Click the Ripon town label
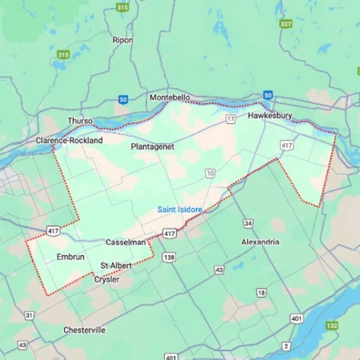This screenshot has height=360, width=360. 123,40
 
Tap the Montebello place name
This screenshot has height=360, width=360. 170,97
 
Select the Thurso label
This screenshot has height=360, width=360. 80,121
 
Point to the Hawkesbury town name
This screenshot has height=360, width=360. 270,116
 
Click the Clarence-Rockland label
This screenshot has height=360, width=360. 69,141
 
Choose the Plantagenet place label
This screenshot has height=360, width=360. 152,147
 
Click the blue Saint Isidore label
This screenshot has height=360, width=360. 180,210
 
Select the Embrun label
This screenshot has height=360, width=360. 70,257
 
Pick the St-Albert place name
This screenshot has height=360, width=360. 116,265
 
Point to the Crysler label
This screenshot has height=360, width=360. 107,279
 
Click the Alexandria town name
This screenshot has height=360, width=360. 260,242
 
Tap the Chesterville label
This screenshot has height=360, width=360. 84,330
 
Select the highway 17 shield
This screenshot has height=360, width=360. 230,120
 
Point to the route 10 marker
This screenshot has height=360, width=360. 210,173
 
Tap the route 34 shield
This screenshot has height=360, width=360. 249,224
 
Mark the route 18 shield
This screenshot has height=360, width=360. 261,293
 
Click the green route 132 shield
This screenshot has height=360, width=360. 332,325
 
